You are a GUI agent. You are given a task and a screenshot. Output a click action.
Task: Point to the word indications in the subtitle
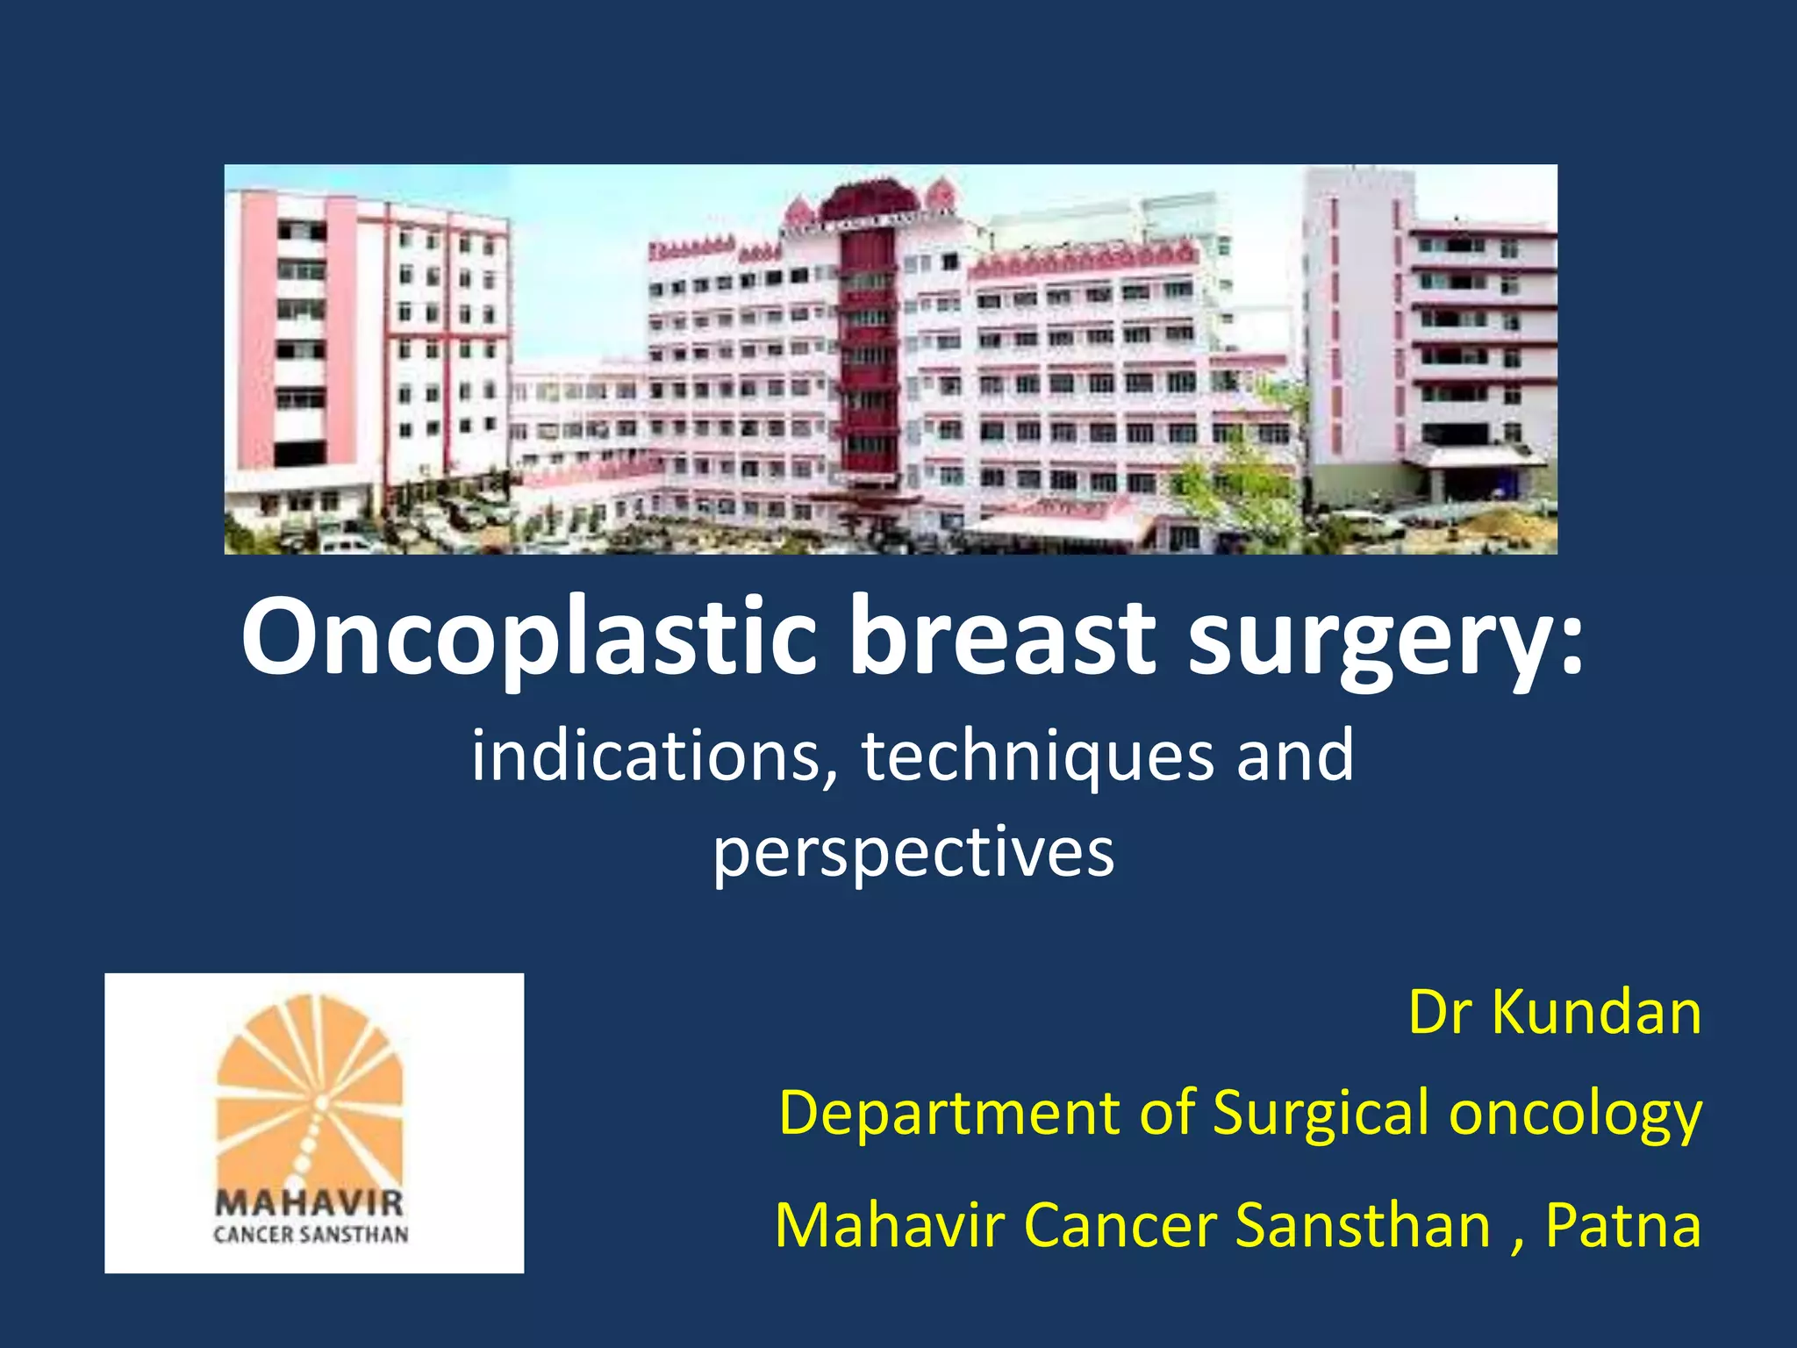[654, 756]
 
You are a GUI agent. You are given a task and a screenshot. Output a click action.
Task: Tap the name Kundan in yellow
[1597, 1014]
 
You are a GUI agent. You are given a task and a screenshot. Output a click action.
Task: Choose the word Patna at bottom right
[1623, 1225]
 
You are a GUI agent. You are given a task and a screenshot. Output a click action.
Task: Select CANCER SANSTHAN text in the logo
[311, 1235]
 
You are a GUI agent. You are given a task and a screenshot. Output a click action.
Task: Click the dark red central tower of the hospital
[868, 351]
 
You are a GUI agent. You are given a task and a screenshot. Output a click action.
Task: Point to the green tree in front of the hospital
[1246, 474]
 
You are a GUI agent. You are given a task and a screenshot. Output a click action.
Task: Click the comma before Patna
[1518, 1243]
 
